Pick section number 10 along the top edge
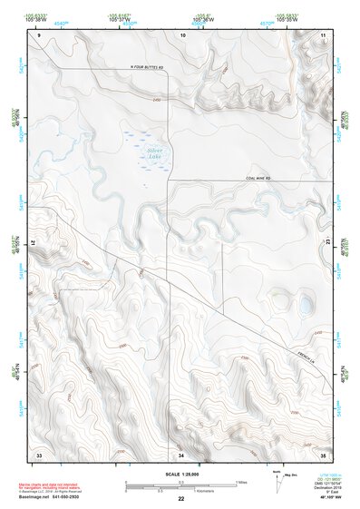click(x=183, y=34)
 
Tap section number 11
click(x=324, y=34)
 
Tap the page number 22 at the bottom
click(x=180, y=499)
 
